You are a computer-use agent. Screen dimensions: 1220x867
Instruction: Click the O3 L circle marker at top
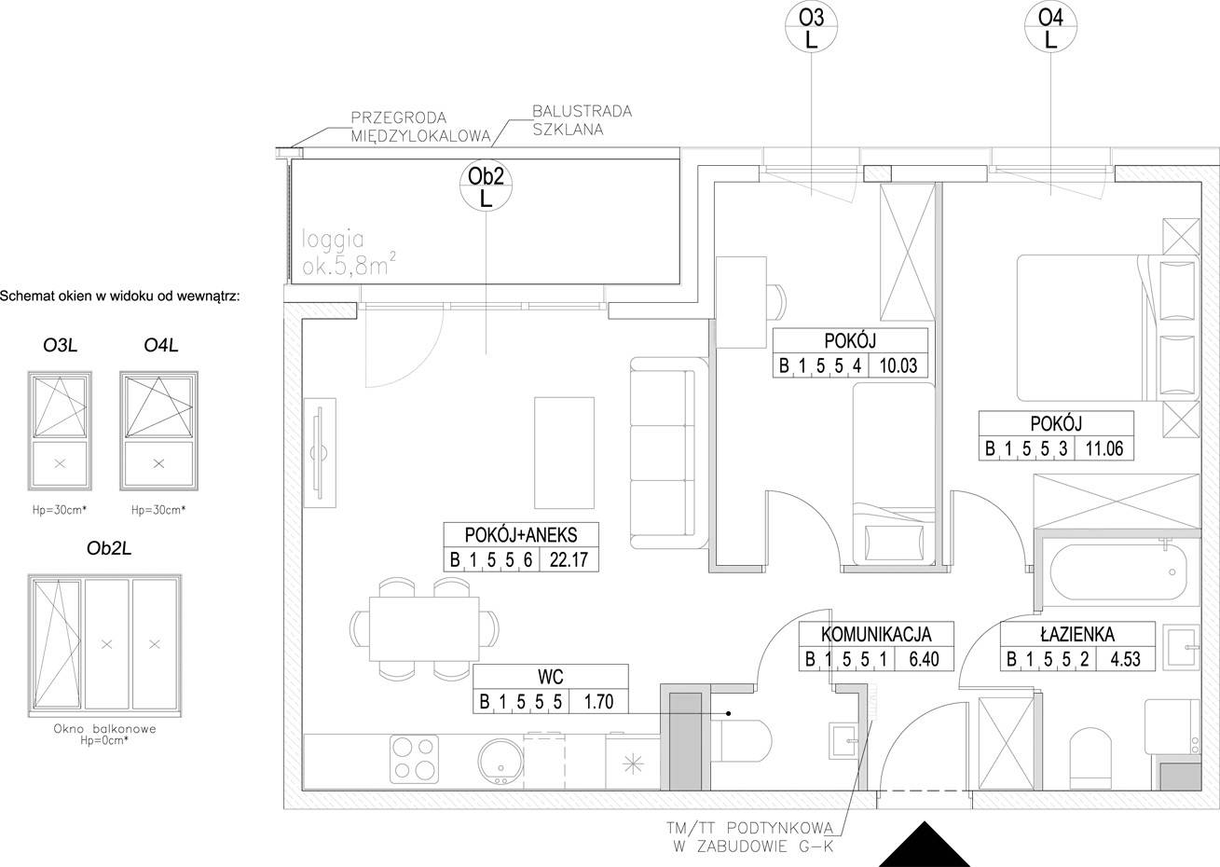(x=811, y=26)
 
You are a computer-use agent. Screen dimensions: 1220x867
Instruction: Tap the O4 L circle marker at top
(x=1050, y=26)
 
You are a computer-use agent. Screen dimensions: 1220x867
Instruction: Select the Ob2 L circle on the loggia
(x=486, y=186)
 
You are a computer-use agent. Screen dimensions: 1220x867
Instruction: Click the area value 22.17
(x=569, y=559)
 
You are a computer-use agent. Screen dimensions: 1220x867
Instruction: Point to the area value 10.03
(x=898, y=365)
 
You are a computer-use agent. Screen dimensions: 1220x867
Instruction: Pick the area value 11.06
(x=1104, y=447)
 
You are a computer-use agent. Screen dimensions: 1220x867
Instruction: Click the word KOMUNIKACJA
(x=876, y=634)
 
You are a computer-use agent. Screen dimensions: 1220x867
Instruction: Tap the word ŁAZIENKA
(x=1077, y=634)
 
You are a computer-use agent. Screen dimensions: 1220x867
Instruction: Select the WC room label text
(x=550, y=677)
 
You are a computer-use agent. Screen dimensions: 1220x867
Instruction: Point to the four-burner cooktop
(x=415, y=758)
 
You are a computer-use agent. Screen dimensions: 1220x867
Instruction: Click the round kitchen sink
(x=500, y=761)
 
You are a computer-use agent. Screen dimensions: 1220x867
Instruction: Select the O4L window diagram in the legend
(x=159, y=431)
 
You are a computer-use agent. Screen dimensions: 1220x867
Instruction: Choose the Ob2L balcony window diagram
(x=105, y=645)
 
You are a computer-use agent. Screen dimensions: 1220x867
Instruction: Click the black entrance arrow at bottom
(x=925, y=844)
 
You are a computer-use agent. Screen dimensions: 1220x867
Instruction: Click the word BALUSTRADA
(x=583, y=111)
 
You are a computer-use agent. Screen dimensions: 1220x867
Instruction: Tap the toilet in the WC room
(x=741, y=741)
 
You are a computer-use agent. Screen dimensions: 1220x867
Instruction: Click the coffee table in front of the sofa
(x=564, y=453)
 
